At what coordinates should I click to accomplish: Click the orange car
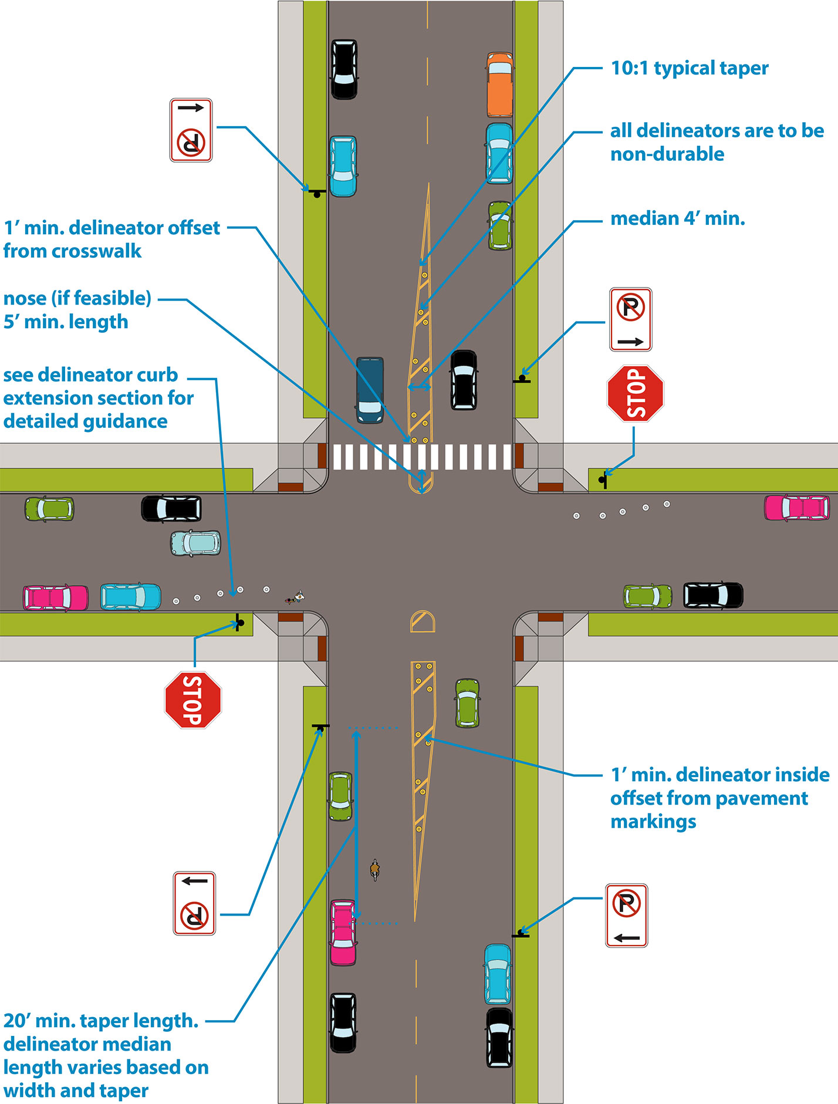coord(499,85)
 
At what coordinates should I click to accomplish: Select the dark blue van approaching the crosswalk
coord(370,390)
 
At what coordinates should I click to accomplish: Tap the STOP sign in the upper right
coord(636,393)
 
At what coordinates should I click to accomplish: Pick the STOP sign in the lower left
coord(193,700)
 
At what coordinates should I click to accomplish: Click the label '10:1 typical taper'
coord(690,68)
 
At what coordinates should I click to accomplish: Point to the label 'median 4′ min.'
coord(678,219)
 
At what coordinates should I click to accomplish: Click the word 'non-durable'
coord(667,154)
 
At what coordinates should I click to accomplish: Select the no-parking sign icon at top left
coord(191,130)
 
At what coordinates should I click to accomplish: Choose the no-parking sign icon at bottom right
coord(626,916)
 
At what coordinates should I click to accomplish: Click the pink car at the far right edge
coord(796,508)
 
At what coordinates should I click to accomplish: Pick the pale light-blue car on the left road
coord(195,543)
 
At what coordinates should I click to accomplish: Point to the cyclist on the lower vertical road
coord(375,869)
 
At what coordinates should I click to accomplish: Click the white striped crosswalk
coord(421,457)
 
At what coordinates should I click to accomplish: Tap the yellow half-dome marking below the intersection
coord(423,622)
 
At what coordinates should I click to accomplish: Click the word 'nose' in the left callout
coord(25,298)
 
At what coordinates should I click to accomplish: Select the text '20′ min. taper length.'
coord(101,1021)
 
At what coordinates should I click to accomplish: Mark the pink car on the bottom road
coord(343,932)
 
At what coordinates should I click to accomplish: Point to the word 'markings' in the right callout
coord(653,822)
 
